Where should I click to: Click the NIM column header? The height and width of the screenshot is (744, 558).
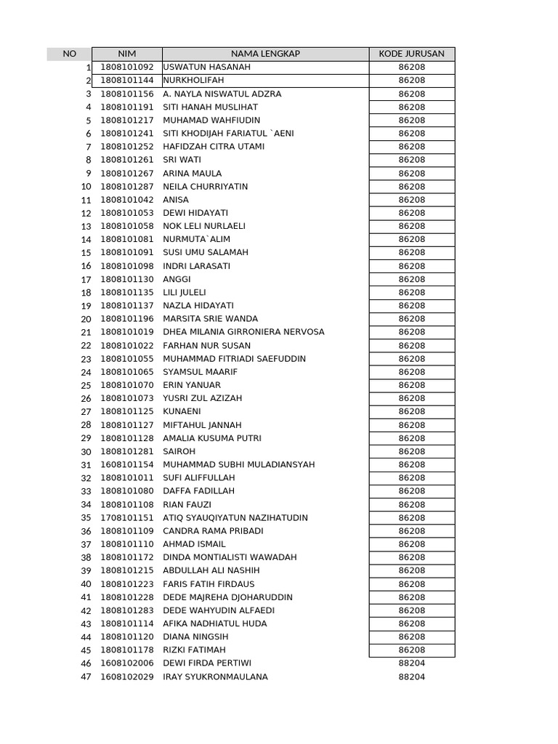coord(126,54)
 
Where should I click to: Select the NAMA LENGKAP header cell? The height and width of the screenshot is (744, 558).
coord(265,54)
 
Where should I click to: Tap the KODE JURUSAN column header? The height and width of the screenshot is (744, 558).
coord(411,54)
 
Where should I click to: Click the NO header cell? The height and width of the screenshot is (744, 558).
coord(69,54)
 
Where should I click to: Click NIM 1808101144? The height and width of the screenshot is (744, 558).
coord(127,80)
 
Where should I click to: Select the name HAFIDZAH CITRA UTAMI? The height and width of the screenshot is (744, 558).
coord(214,146)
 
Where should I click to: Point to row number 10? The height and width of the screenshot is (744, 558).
coord(86,187)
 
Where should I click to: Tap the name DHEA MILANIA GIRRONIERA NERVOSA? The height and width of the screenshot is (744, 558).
coord(243,332)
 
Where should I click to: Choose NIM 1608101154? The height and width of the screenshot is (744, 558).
coord(127,464)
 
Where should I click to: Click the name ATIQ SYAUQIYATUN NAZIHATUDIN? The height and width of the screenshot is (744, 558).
coord(235,517)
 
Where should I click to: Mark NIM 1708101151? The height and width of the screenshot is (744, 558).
coord(127,517)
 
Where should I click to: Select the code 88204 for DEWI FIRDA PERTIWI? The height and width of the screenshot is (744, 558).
coord(411,663)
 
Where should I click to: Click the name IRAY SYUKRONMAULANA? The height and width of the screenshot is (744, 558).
coord(215,676)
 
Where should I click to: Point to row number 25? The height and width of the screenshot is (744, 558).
coord(86,385)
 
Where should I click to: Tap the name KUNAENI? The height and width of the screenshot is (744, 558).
coord(182,411)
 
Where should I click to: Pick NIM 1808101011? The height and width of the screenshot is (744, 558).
coord(127,477)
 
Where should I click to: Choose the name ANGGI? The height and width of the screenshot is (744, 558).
coord(177,279)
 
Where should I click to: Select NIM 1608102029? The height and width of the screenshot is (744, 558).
coord(127,676)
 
